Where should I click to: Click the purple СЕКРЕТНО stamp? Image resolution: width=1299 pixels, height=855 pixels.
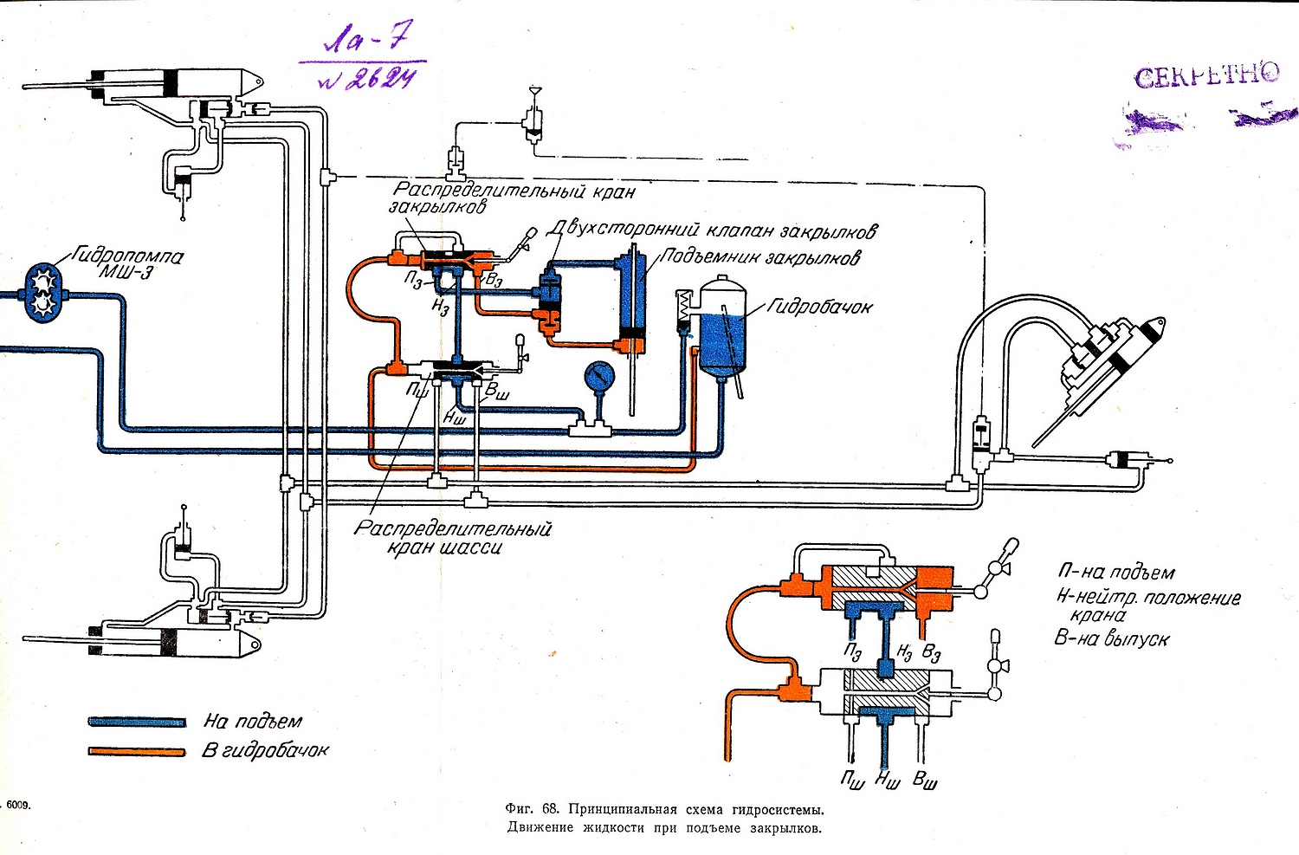point(1206,76)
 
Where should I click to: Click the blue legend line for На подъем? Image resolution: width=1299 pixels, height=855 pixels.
point(137,722)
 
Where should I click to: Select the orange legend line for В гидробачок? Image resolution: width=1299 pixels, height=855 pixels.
point(137,751)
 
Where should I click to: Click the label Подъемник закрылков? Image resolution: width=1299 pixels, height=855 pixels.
point(759,257)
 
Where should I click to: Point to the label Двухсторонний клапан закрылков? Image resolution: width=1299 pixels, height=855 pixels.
point(712,230)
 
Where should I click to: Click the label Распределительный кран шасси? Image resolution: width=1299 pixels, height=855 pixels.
point(452,537)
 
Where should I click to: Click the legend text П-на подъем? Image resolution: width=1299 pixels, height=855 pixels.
point(1115,573)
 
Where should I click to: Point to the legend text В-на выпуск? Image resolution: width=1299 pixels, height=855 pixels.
point(1111,639)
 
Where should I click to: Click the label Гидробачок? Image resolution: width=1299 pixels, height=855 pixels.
point(818,307)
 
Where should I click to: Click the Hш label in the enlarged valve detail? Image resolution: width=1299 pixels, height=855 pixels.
point(886,781)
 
